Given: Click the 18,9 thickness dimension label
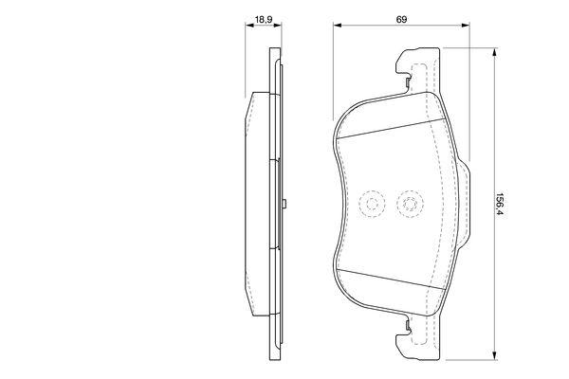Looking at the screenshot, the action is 263,20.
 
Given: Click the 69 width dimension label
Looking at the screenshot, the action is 401,20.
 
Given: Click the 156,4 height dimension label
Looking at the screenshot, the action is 500,205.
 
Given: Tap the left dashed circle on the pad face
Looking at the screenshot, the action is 371,205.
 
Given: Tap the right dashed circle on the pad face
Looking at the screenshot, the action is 410,205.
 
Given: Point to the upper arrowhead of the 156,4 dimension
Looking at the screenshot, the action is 493,52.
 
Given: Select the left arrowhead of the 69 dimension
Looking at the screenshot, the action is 338,25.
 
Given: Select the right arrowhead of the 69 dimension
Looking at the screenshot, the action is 466,25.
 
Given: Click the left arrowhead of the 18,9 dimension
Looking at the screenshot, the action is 249,25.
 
